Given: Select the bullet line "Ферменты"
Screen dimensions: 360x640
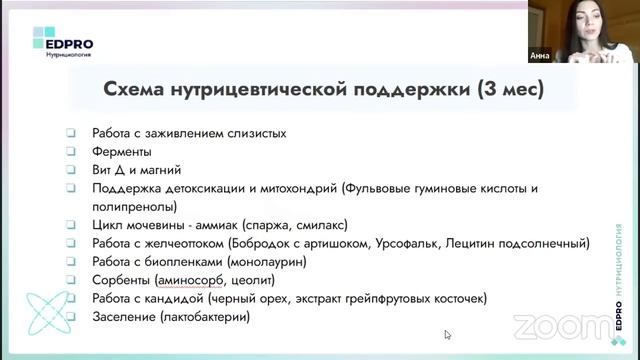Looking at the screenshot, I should [122, 151].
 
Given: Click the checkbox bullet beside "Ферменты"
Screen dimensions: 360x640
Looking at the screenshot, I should [71, 151].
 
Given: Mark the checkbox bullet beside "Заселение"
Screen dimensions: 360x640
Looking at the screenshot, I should [71, 317].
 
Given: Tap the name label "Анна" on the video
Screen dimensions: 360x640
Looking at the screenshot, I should [540, 57].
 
